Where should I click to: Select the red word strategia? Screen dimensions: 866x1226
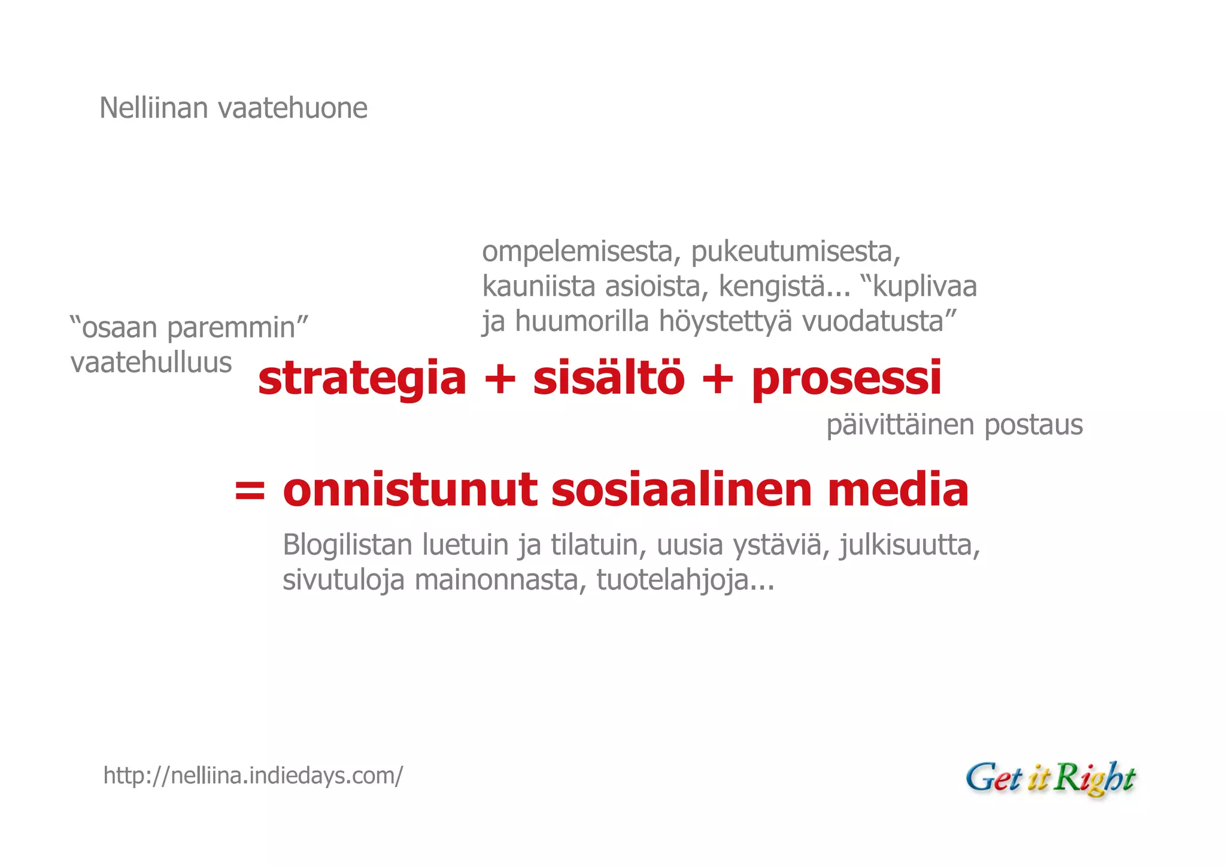pyautogui.click(x=362, y=379)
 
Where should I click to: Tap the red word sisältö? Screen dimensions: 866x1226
pyautogui.click(x=608, y=379)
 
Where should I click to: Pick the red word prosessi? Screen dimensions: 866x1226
pyautogui.click(x=846, y=379)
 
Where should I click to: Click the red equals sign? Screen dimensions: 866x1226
pyautogui.click(x=249, y=490)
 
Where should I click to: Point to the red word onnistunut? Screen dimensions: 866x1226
pyautogui.click(x=410, y=490)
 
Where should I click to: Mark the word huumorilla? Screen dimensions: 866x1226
pyautogui.click(x=582, y=322)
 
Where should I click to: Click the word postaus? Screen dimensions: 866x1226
pyautogui.click(x=1033, y=426)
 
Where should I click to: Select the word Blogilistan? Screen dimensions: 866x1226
pyautogui.click(x=348, y=545)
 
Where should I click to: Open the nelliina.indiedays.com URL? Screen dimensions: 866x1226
pyautogui.click(x=253, y=776)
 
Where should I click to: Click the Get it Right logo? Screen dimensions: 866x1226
pyautogui.click(x=1050, y=779)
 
